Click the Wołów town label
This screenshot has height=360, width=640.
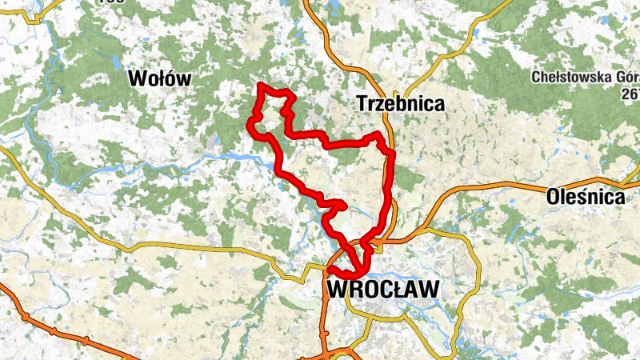161,78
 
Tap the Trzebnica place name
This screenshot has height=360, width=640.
400,104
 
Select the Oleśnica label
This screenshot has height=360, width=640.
585,196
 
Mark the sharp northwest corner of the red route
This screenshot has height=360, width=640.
261,84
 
